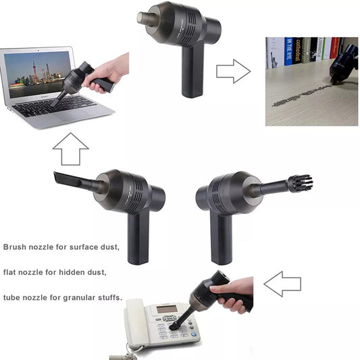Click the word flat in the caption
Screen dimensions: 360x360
12,272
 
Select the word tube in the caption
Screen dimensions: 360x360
15,297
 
